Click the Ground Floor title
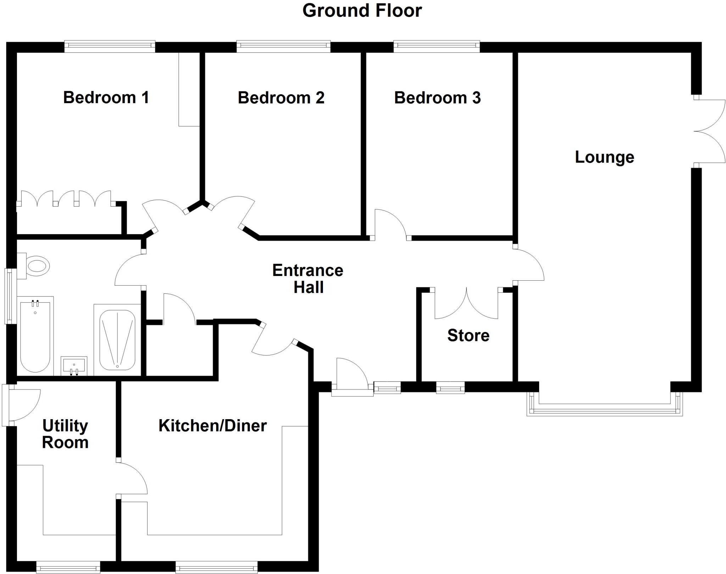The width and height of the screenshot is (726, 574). pos(362,11)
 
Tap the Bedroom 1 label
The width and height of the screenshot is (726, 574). pos(106,97)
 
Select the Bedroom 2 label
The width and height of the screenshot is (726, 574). pos(281,98)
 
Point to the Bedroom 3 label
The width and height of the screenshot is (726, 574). pos(437,98)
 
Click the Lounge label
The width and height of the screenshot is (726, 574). pos(604,157)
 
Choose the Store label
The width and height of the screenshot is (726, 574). pos(468,335)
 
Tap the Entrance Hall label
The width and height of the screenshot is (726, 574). pos(308,279)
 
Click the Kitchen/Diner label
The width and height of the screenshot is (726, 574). pos(212,426)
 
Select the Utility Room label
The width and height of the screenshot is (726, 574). pos(65,434)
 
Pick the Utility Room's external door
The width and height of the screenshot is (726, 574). pos(21,405)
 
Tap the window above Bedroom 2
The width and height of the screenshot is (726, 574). pos(283,46)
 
